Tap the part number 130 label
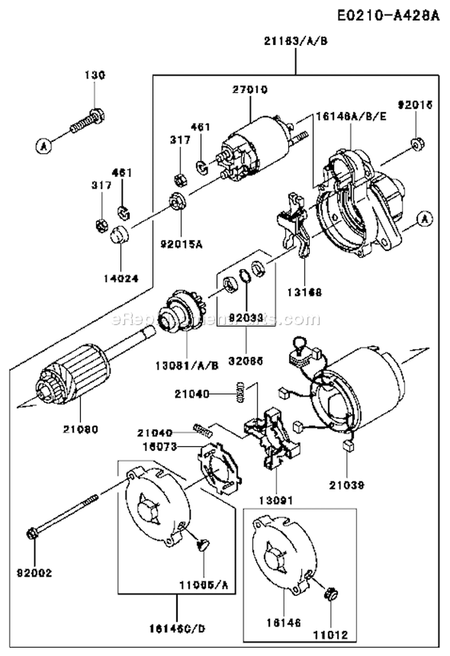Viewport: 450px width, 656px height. pos(94,75)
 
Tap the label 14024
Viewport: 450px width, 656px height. pos(121,278)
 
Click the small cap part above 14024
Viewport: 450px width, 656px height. pos(121,235)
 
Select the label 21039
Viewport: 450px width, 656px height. pos(346,483)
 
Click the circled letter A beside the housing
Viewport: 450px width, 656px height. pos(424,220)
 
